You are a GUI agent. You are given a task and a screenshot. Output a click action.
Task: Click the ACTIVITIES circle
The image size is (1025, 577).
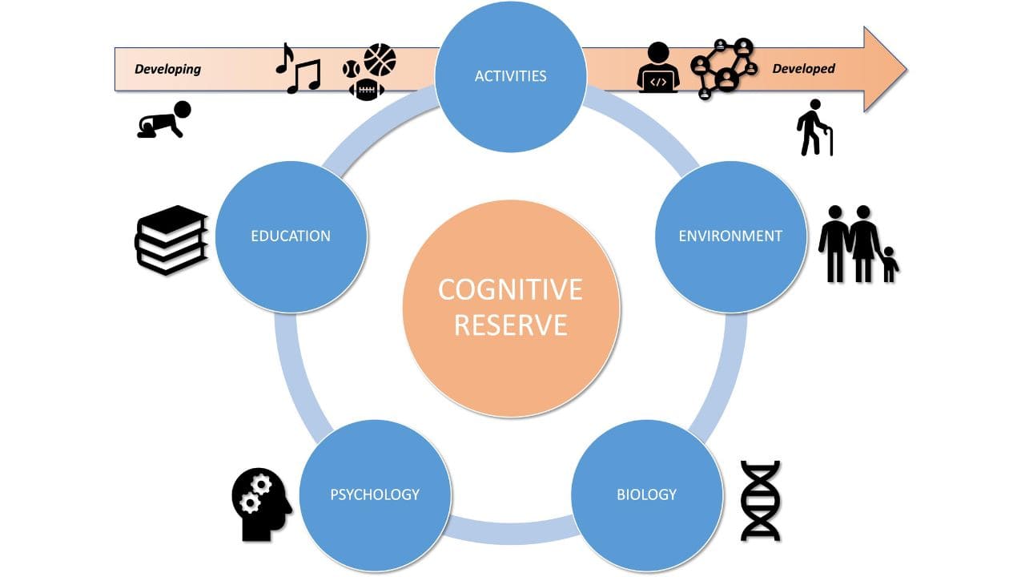(510, 76)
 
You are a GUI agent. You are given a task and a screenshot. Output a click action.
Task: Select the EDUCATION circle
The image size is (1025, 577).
(291, 236)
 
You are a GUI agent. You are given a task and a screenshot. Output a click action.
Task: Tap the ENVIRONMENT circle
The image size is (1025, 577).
(730, 236)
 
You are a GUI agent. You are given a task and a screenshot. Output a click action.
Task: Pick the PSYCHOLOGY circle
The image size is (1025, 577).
(375, 494)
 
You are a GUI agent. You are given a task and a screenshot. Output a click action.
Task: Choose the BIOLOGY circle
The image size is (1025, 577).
(646, 494)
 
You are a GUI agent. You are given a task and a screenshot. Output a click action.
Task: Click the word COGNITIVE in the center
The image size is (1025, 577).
(510, 289)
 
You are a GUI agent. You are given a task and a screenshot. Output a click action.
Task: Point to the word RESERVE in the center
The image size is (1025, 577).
(510, 325)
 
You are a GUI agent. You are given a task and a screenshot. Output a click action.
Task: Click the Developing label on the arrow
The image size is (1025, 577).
(167, 69)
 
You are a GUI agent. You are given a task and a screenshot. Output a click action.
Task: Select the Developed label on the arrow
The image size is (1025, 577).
(803, 69)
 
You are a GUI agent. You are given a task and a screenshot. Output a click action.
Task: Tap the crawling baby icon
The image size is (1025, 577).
(164, 120)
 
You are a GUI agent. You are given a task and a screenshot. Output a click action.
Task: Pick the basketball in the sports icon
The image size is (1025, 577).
(380, 59)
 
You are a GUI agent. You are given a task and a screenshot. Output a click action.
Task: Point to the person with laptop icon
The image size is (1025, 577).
(658, 67)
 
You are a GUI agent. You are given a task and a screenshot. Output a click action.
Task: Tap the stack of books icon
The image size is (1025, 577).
(171, 240)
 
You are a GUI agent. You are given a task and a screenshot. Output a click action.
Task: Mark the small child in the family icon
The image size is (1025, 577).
(889, 264)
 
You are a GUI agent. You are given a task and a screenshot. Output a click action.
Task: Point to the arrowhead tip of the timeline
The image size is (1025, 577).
(905, 69)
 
